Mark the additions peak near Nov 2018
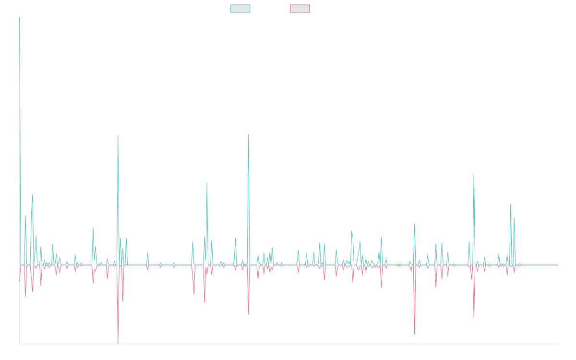(x=118, y=135)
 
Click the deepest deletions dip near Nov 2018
(x=118, y=343)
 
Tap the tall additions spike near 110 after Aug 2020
(x=249, y=134)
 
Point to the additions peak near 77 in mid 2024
(x=474, y=174)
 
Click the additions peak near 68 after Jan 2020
(x=207, y=183)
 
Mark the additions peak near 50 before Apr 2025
(x=511, y=204)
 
